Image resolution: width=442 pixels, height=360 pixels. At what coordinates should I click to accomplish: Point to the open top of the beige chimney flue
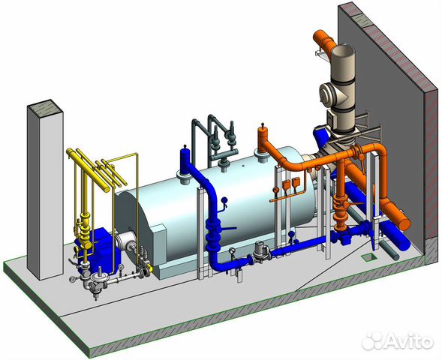(x=343, y=52)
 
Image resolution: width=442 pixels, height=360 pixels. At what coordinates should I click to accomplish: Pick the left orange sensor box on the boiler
(x=285, y=184)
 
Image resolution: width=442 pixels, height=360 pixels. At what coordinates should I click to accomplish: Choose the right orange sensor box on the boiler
(x=296, y=182)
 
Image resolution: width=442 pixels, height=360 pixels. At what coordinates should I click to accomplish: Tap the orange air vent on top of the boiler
(x=263, y=133)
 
